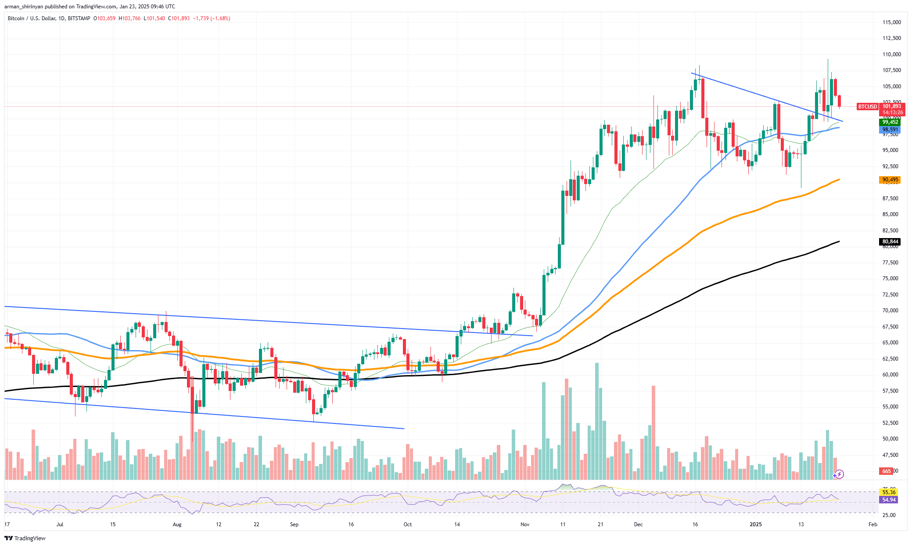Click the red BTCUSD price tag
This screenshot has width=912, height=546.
coord(867,107)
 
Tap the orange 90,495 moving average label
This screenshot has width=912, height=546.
coord(890,180)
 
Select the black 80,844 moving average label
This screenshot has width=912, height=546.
coord(890,242)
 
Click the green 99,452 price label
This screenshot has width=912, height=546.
coord(890,122)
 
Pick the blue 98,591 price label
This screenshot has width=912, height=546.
coord(890,130)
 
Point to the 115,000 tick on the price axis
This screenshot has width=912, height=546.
coord(891,22)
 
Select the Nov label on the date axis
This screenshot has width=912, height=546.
coord(525,524)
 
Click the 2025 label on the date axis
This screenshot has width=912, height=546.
coord(756,524)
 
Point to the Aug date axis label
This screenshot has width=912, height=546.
coord(177,524)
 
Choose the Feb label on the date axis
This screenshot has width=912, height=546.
coord(873,524)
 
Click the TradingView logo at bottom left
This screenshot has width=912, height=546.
coord(25,538)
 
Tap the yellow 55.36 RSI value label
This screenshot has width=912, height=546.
coord(889,492)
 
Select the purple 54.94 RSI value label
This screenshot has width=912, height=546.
coord(889,500)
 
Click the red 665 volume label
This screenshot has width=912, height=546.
coord(887,471)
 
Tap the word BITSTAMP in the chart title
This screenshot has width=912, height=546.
coord(79,18)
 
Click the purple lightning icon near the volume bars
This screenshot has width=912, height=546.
coord(839,474)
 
